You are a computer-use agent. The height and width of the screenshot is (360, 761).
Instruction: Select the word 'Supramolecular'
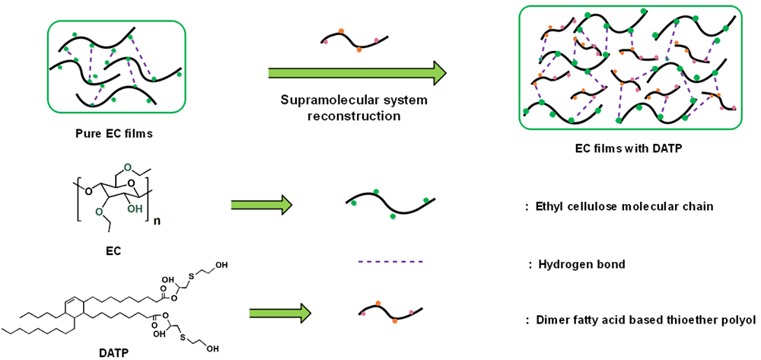tap(320, 101)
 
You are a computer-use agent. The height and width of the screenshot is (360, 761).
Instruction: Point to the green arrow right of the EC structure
tap(262, 204)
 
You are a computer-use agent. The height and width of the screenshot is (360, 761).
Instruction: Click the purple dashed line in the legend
tap(389, 263)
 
